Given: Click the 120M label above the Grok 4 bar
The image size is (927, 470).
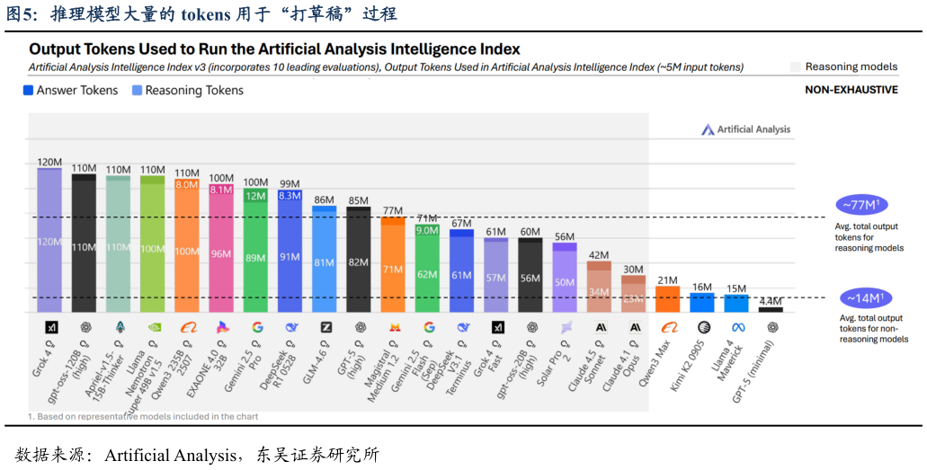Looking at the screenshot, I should (x=49, y=163).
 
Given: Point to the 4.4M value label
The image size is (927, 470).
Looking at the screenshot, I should (x=771, y=301).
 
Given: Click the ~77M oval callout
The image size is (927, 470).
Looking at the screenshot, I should (x=861, y=205).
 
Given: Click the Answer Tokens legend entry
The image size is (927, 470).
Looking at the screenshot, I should (x=71, y=90).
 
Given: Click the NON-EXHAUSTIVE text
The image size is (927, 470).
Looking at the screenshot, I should (x=851, y=90).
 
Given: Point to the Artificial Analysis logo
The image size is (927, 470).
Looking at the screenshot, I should (x=745, y=129).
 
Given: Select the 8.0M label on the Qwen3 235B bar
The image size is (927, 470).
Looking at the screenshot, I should (x=187, y=184).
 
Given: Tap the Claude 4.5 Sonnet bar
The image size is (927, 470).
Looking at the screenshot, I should (x=600, y=287).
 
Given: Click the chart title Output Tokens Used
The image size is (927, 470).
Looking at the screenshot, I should (x=274, y=49).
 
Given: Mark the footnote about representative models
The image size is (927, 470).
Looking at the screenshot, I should (x=144, y=416).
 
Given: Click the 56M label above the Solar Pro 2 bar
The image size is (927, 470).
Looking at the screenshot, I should (x=565, y=237).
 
